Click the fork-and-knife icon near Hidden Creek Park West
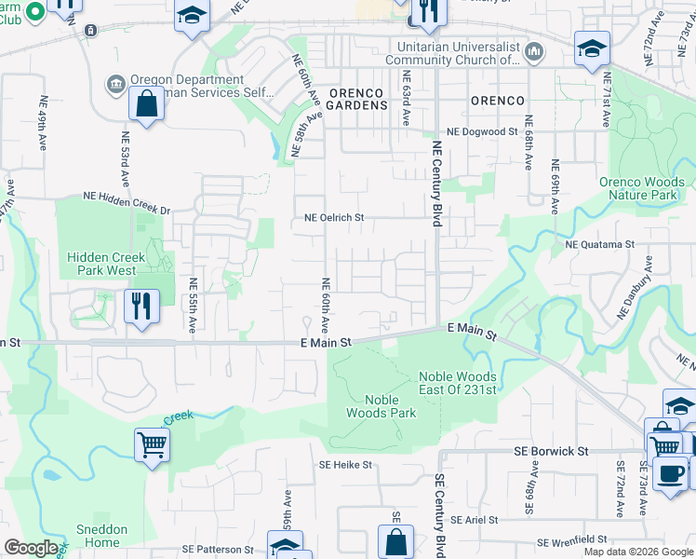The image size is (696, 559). click(141, 305)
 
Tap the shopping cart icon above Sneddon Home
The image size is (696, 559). click(153, 444)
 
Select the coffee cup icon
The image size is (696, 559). click(669, 473)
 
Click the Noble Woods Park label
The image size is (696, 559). click(381, 406)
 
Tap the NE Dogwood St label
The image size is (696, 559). click(482, 132)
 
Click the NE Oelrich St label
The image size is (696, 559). click(334, 218)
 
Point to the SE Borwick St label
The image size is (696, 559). click(552, 451)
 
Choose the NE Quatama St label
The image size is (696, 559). click(599, 244)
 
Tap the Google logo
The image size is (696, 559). click(31, 548)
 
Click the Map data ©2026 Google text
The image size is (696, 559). click(638, 552)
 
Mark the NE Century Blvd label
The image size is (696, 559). click(435, 184)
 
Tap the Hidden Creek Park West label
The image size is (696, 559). click(101, 264)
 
